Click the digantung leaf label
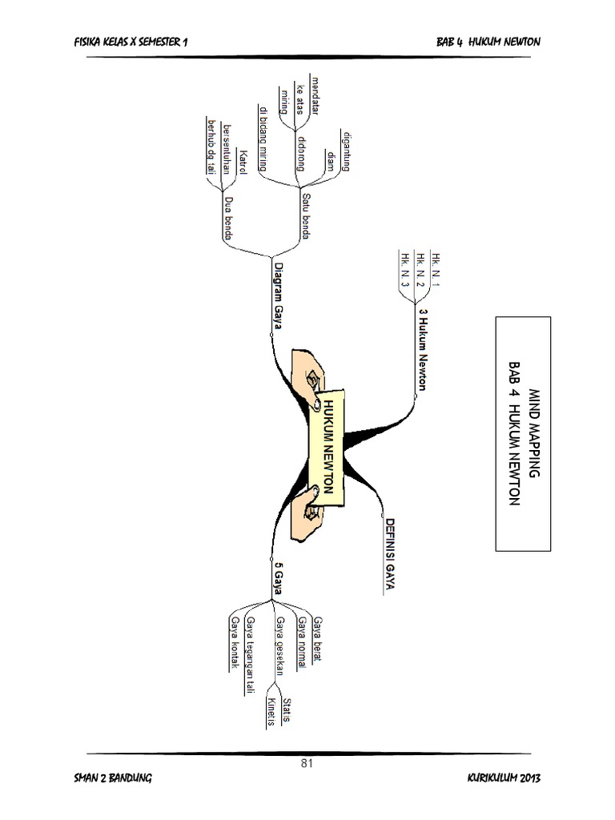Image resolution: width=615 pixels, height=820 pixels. pyautogui.click(x=346, y=151)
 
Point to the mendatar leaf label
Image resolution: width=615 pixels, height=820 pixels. pyautogui.click(x=315, y=98)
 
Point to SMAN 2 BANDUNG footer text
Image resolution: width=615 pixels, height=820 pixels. pyautogui.click(x=111, y=779)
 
